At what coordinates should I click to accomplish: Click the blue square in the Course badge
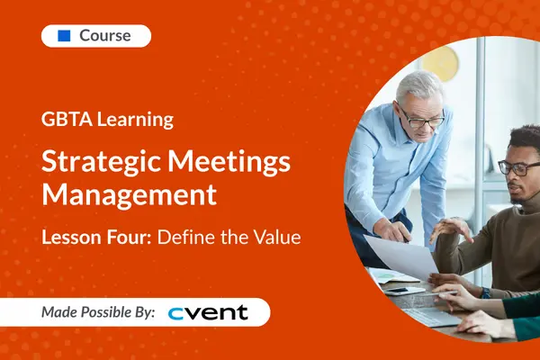[x=64, y=36]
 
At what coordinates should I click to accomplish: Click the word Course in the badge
[x=105, y=36]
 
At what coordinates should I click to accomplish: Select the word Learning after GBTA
[x=136, y=119]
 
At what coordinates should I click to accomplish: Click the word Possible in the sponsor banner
[x=120, y=312]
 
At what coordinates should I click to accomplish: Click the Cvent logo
[x=208, y=312]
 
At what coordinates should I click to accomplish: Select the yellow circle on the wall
[x=440, y=64]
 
